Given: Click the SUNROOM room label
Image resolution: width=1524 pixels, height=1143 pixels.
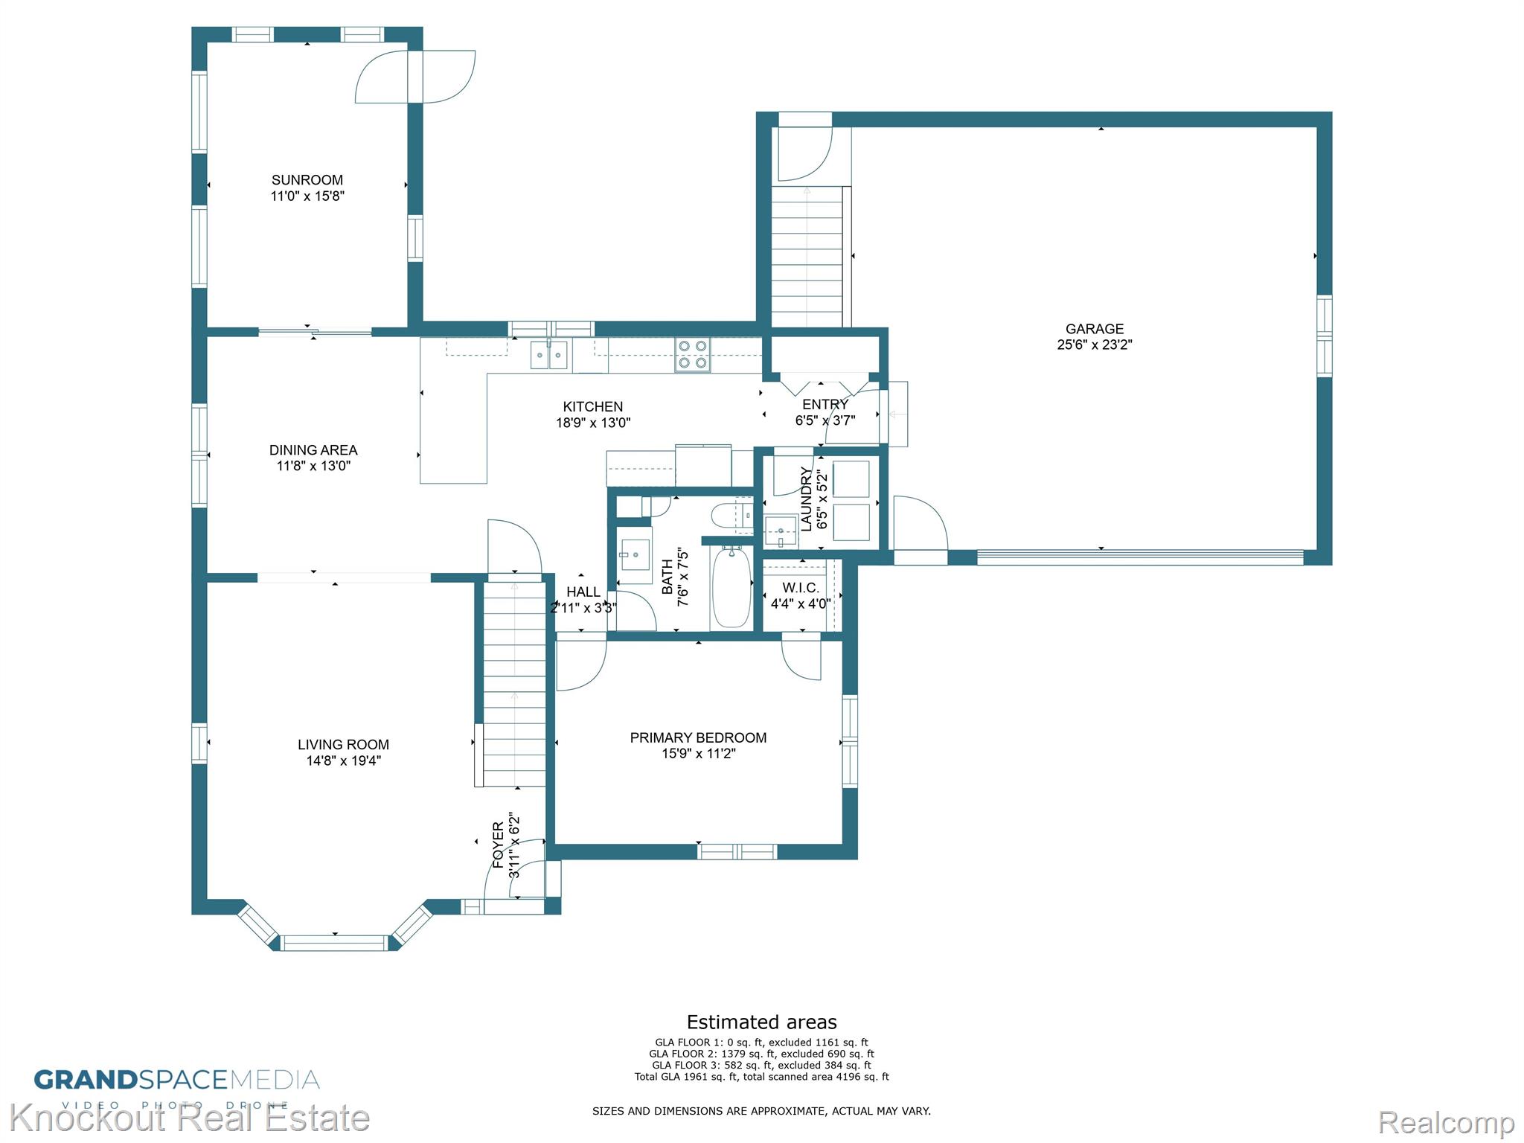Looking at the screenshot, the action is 307,180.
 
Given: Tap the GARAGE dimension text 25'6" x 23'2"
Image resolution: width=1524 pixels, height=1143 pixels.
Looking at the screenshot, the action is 1094,345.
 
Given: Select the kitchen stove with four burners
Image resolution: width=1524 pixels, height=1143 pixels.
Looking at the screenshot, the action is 693,355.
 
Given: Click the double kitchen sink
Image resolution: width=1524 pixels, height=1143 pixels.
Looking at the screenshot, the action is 549,354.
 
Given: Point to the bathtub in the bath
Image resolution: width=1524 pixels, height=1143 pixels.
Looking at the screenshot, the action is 731,587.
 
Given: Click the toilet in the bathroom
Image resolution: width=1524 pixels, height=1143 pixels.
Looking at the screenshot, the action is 731,515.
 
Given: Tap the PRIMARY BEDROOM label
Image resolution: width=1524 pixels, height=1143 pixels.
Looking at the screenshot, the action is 698,737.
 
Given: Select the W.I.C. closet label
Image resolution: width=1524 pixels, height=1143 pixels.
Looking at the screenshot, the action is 801,588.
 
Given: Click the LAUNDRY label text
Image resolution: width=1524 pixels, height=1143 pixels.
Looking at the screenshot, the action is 807,499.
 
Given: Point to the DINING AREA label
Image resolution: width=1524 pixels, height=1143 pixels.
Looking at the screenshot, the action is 313,450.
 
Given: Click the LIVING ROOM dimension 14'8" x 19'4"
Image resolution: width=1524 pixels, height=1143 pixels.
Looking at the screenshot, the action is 343,761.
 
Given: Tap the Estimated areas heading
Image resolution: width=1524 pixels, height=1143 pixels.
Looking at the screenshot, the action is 761,1022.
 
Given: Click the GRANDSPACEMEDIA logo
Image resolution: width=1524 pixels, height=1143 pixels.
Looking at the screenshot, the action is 177,1080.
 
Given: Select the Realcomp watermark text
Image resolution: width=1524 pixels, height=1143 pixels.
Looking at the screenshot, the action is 1446,1122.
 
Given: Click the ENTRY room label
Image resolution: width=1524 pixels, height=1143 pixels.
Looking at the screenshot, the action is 825,404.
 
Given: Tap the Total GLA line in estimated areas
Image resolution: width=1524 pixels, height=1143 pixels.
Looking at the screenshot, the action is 761,1077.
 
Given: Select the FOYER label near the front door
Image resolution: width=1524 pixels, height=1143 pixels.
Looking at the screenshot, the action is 499,845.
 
